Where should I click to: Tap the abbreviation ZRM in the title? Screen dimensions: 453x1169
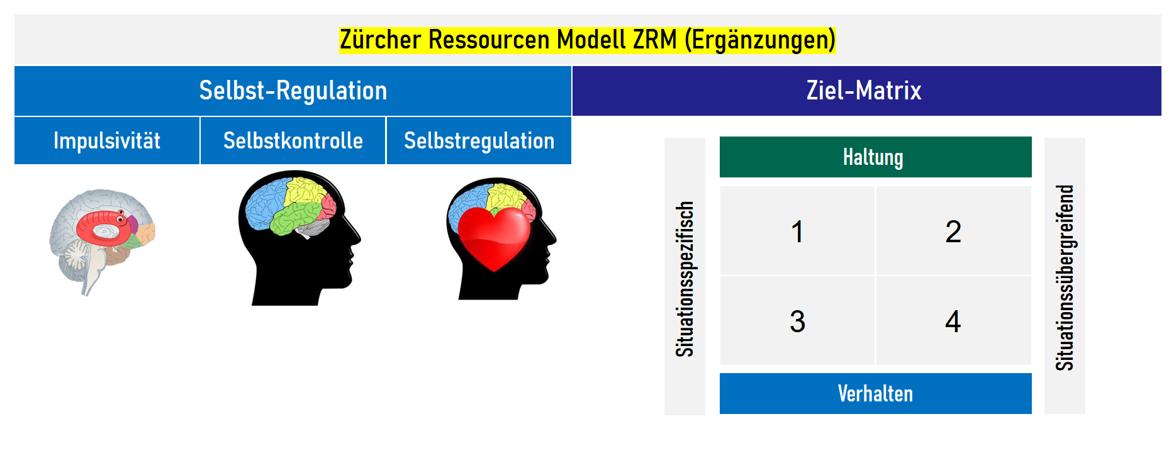[654, 40]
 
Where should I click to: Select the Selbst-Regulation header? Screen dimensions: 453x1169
[293, 91]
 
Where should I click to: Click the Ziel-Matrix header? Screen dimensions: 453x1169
[863, 91]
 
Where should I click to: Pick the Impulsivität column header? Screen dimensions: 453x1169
[107, 140]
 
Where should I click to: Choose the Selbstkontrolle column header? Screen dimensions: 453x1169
[293, 140]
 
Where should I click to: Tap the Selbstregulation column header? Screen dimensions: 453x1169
[479, 140]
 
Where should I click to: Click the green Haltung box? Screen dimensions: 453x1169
[875, 157]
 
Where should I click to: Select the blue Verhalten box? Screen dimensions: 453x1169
[875, 394]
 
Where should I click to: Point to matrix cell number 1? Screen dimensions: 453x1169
[797, 232]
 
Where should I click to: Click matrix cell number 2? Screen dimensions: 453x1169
[953, 232]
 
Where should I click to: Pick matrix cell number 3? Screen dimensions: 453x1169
[797, 322]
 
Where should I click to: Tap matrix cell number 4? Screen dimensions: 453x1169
[953, 322]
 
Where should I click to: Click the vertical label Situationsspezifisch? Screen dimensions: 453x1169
[685, 278]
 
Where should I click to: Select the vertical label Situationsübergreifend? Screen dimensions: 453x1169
[1065, 277]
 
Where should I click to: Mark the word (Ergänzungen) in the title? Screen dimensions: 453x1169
[760, 40]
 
